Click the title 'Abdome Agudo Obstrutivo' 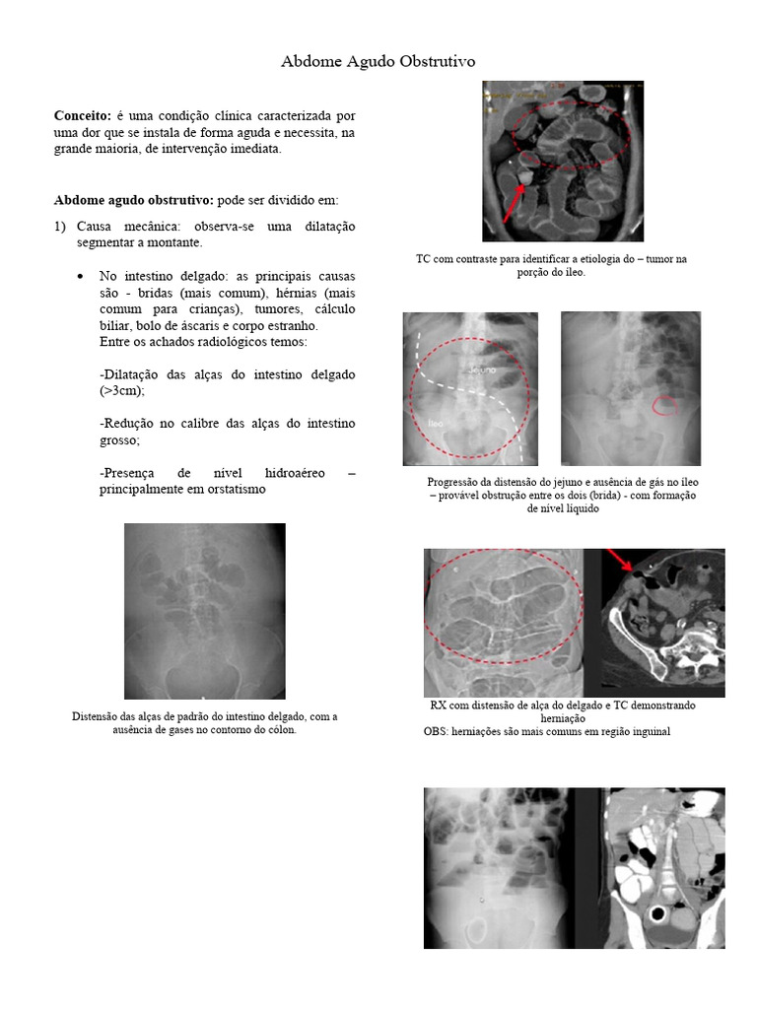click(x=378, y=62)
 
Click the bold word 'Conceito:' click(x=82, y=116)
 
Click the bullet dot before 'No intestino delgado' click(x=81, y=277)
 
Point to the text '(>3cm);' click(x=122, y=391)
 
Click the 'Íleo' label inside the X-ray click(x=434, y=422)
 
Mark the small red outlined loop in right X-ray click(x=666, y=404)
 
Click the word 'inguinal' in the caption click(x=651, y=732)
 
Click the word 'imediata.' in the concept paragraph click(x=254, y=149)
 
